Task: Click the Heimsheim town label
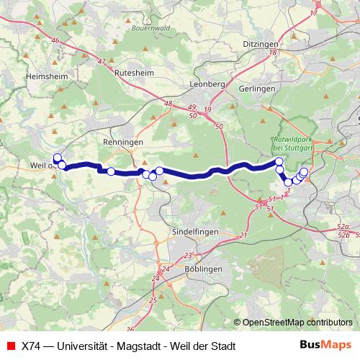click(46, 75)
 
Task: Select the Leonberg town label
click(207, 84)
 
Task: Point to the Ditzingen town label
click(261, 43)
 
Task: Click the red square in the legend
click(10, 345)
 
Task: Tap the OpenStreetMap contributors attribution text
click(297, 323)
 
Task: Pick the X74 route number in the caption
click(31, 345)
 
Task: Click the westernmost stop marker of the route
click(58, 158)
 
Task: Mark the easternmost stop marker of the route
click(304, 171)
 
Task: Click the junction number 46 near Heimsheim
click(55, 40)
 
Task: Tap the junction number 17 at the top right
click(314, 14)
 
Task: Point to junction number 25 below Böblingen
click(152, 300)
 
